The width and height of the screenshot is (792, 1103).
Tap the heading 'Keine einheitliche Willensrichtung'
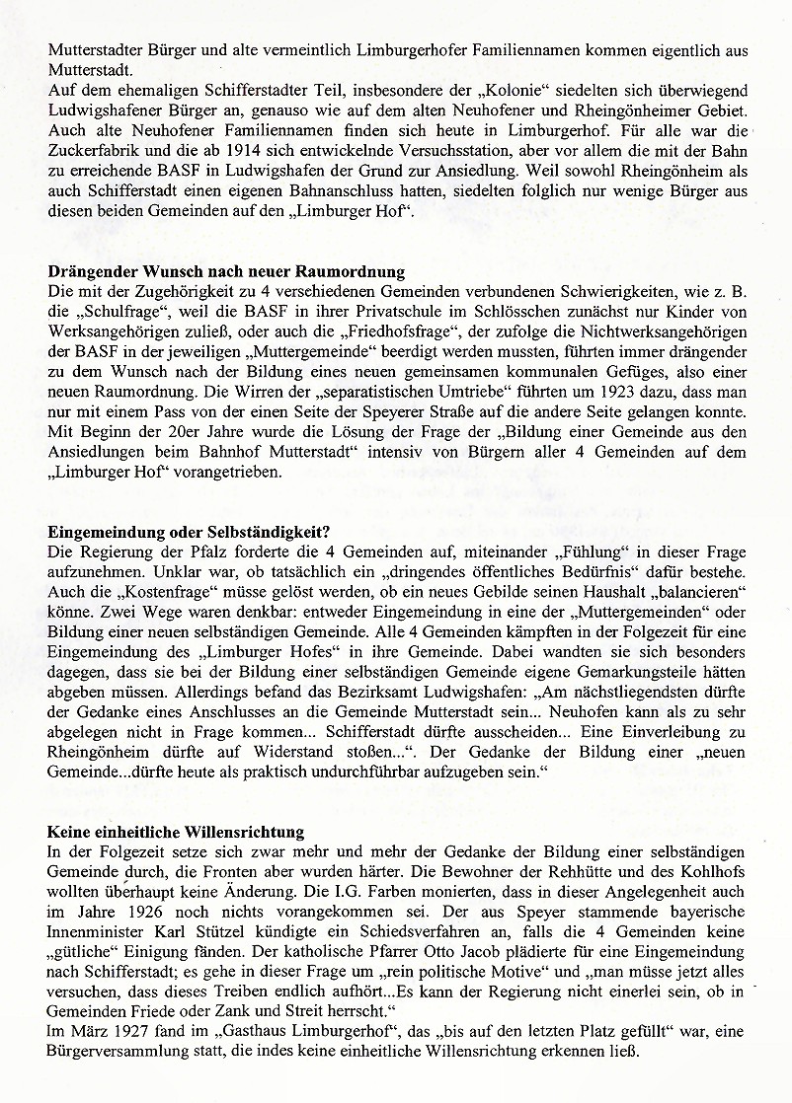176,832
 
